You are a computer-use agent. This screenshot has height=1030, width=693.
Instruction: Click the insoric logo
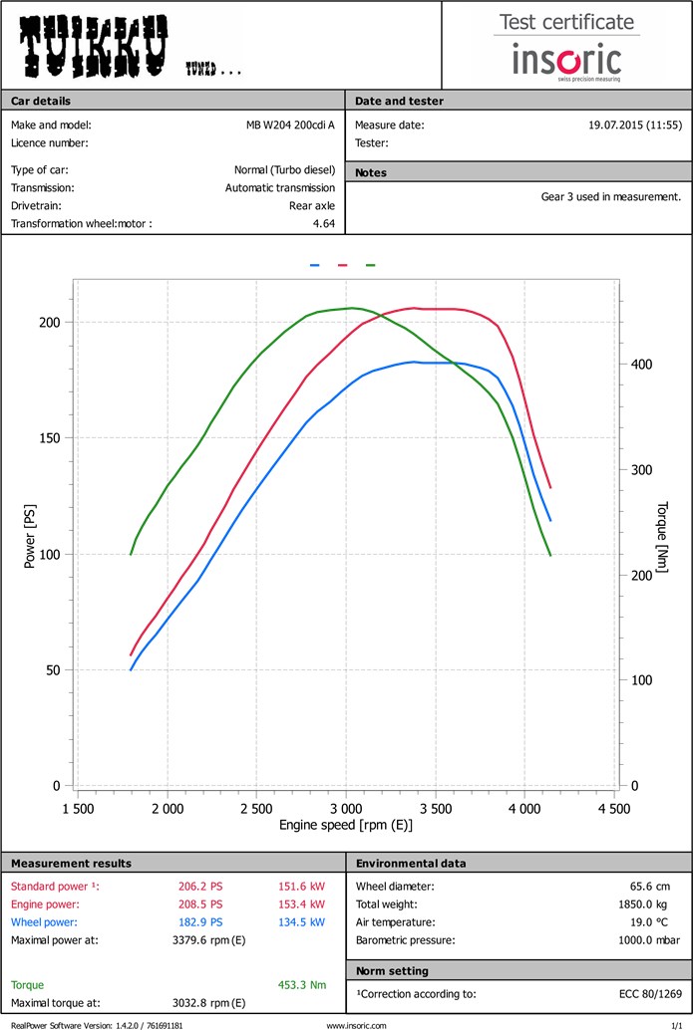tap(566, 60)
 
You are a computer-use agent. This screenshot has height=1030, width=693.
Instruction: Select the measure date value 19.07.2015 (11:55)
tap(635, 126)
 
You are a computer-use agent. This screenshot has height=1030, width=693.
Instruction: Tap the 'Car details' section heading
tap(41, 101)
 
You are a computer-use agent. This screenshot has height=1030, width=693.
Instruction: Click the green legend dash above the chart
tap(370, 265)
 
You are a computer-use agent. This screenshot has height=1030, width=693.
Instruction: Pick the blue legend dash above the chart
tap(314, 265)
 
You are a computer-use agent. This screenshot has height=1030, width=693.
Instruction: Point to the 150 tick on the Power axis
tap(50, 438)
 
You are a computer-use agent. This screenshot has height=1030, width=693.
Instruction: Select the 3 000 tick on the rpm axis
tap(346, 808)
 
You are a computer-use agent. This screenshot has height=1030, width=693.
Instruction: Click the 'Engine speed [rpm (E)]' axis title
tap(345, 825)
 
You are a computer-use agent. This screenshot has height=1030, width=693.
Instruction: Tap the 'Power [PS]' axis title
tap(31, 535)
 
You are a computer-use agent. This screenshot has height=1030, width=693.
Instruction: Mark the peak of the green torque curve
tap(350, 308)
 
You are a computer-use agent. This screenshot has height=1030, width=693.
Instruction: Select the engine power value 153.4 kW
tap(305, 904)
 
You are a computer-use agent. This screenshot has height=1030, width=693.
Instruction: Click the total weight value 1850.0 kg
tap(653, 904)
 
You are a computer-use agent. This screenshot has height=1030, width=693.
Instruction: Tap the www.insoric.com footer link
tap(356, 1024)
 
